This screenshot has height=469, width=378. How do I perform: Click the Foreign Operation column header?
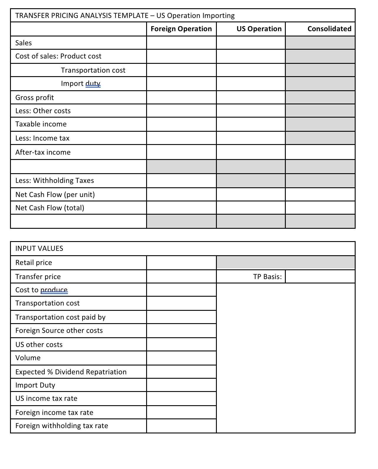181,29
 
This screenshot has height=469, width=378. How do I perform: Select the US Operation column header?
259,29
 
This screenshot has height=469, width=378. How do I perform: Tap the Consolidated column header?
329,29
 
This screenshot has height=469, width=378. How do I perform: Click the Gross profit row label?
34,98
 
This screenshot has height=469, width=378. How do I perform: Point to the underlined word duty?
93,84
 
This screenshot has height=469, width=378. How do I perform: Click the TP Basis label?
267,277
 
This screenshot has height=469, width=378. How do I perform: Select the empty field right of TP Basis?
320,277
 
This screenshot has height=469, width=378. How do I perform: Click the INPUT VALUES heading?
39,248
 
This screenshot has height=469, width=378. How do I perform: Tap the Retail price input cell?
181,263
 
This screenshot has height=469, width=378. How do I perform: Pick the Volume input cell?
181,358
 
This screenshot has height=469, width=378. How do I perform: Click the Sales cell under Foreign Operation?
181,43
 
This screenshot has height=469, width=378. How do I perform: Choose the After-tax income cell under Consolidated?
320,152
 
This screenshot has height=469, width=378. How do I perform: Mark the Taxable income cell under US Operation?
251,124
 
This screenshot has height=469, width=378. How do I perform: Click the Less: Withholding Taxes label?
55,181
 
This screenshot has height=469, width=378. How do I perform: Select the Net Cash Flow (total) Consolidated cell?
320,208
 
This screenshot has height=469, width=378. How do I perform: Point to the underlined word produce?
54,290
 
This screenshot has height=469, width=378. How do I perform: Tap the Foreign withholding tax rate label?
62,426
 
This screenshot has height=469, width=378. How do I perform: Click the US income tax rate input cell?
181,398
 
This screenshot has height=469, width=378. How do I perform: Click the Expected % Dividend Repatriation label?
71,372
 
